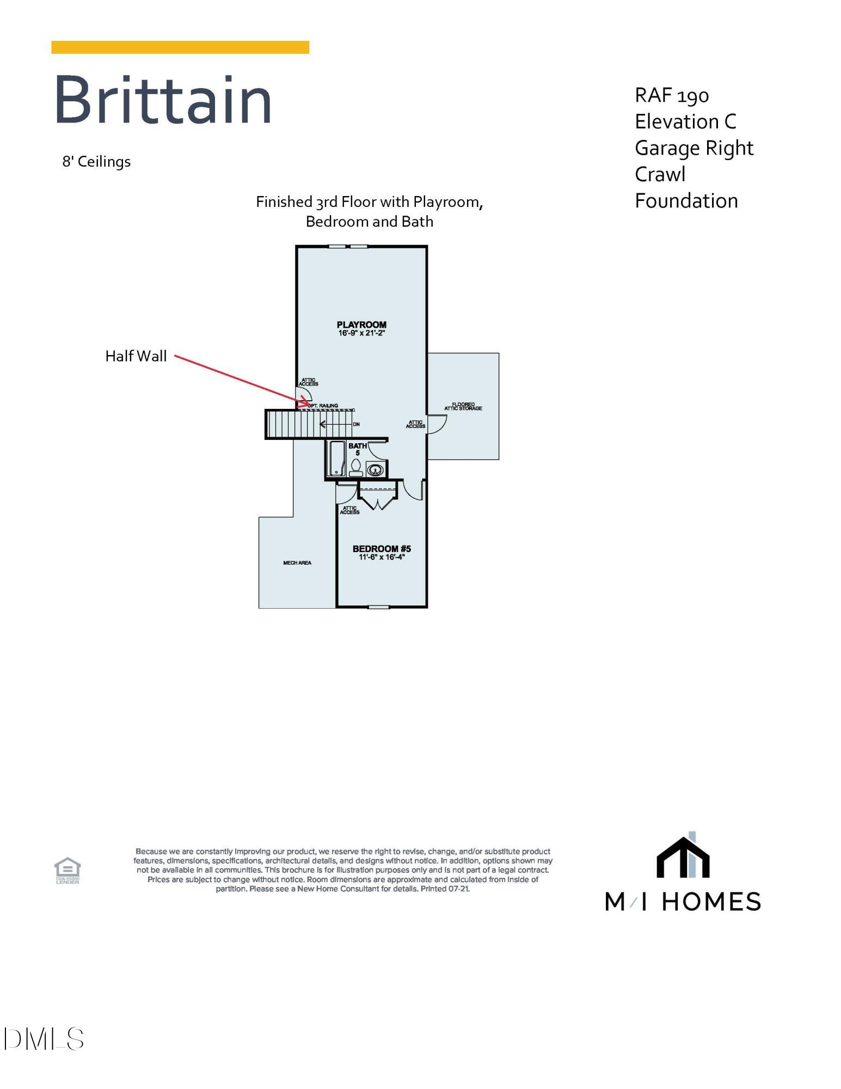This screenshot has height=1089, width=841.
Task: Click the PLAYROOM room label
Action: click(361, 325)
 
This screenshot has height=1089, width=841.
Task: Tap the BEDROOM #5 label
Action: click(382, 548)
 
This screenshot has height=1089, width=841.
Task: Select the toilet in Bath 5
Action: click(356, 467)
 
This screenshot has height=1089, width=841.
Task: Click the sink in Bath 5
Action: click(376, 468)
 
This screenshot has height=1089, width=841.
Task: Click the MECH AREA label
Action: click(297, 562)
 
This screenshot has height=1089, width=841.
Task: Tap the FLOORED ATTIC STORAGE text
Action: click(463, 407)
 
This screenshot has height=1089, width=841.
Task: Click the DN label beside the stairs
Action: click(356, 424)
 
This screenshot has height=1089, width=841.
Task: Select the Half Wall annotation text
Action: click(136, 356)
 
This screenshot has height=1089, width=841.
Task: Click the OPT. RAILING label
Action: click(323, 406)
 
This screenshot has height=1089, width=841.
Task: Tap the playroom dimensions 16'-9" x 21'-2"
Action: click(361, 333)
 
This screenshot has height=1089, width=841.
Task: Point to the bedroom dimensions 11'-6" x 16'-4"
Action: click(382, 557)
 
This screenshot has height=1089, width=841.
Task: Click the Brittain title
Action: click(163, 101)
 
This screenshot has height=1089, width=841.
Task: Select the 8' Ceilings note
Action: click(96, 162)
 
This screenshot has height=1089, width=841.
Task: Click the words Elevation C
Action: click(685, 121)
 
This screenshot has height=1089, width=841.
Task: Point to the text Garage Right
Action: click(694, 148)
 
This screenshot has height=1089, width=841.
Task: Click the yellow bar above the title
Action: click(180, 47)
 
